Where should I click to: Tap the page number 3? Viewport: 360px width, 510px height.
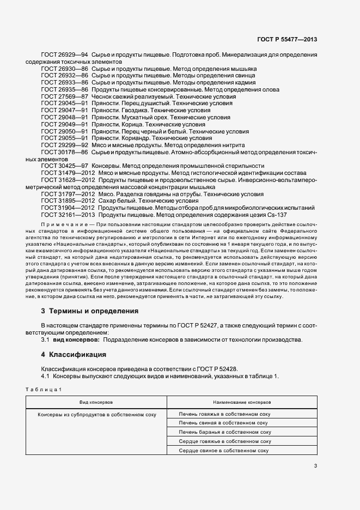[315, 465]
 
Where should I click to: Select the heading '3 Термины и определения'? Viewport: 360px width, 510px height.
[89, 311]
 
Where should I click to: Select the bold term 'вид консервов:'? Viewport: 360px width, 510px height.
[75, 339]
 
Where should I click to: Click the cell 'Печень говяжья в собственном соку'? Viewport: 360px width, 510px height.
[225, 414]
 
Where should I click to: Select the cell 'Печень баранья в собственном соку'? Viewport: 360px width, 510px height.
[225, 432]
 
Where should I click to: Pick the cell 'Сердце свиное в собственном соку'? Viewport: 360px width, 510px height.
[225, 451]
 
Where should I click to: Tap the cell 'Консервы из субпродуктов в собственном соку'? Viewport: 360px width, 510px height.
[96, 414]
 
